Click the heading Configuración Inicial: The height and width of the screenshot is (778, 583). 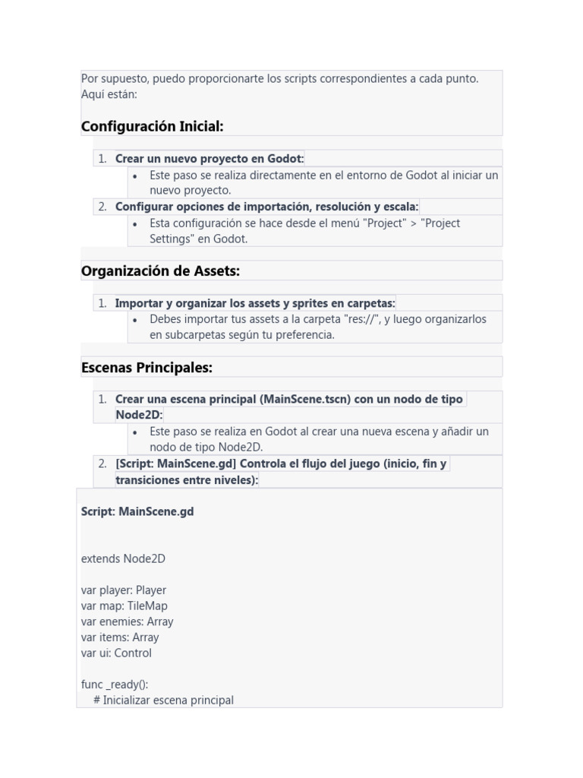pyautogui.click(x=152, y=126)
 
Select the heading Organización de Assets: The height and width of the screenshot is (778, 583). pyautogui.click(x=160, y=270)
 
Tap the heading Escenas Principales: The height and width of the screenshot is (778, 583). pyautogui.click(x=147, y=368)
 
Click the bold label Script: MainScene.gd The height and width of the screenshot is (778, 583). pyautogui.click(x=137, y=511)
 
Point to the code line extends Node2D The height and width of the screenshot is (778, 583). pyautogui.click(x=123, y=558)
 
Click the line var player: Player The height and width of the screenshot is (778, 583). pyautogui.click(x=123, y=590)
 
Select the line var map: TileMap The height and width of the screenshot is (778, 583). pyautogui.click(x=124, y=606)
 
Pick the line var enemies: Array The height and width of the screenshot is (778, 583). pyautogui.click(x=127, y=621)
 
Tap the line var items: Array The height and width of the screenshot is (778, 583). pyautogui.click(x=119, y=637)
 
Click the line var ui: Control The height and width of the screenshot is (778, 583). pyautogui.click(x=116, y=653)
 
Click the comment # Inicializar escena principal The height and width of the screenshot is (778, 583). pyautogui.click(x=163, y=701)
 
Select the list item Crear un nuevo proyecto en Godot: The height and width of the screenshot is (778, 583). pyautogui.click(x=209, y=159)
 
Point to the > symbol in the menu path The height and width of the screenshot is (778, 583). pyautogui.click(x=414, y=223)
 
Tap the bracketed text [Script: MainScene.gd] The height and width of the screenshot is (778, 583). pyautogui.click(x=175, y=463)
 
